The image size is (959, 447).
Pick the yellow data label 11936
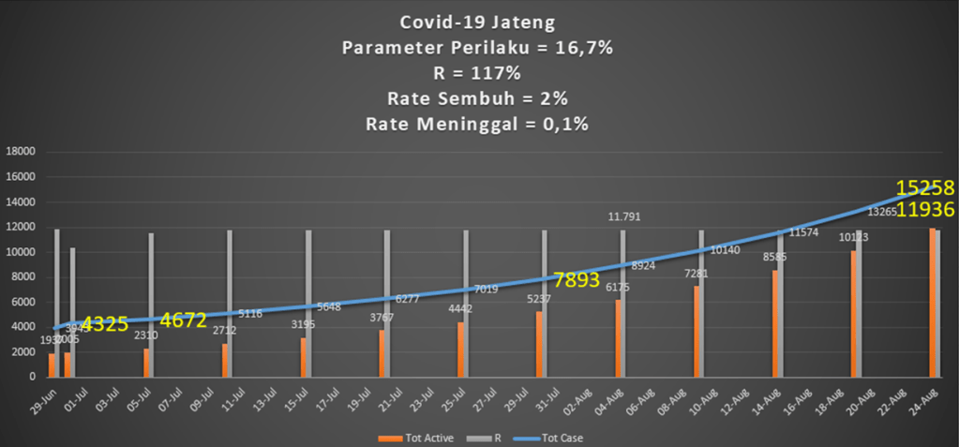[x=925, y=209]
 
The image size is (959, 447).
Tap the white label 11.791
[x=625, y=217]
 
